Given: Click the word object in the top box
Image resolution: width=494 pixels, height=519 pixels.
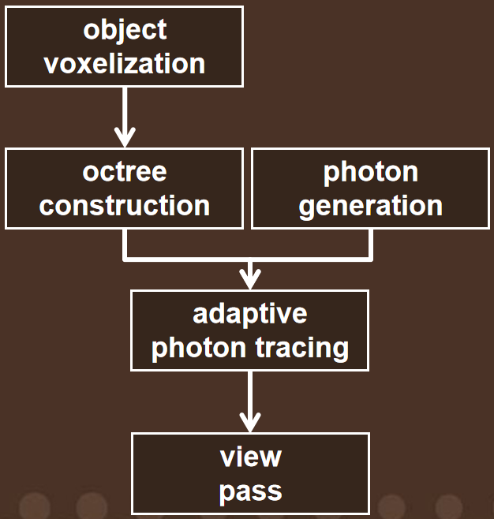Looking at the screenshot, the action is tap(125, 31).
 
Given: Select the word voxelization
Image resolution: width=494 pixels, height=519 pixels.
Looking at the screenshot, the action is tap(125, 64).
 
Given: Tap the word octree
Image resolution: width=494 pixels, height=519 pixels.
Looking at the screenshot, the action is tap(125, 172).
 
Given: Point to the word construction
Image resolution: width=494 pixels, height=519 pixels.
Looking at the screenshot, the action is tap(125, 206).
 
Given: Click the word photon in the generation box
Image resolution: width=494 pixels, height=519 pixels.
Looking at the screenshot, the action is tap(371, 174).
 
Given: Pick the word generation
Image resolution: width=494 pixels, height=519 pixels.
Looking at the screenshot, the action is tap(371, 207).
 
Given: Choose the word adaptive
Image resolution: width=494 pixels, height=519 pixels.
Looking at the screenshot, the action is tap(250, 315).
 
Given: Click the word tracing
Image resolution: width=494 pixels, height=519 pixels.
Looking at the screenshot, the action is tap(302, 349).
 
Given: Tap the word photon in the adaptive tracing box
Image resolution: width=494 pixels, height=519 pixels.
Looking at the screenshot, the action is tap(199, 349).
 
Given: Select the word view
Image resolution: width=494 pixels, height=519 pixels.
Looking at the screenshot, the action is tap(251, 457).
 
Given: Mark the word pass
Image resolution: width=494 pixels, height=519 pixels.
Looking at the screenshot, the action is tap(251, 492).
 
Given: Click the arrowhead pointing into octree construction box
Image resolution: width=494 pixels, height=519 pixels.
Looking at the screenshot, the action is tap(125, 137).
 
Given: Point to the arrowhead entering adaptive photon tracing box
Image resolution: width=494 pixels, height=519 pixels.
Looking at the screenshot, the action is tap(250, 279).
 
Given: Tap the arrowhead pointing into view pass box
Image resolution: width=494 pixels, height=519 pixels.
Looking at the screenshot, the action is tap(250, 422).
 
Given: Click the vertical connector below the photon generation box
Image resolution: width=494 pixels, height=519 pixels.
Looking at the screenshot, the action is tap(371, 243).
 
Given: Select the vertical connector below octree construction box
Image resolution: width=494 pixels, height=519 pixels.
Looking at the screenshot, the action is tap(125, 243).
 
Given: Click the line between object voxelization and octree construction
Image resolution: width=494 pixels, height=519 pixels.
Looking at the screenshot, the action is tap(125, 117).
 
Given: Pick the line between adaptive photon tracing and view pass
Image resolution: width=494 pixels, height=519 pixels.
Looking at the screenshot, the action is tap(250, 401).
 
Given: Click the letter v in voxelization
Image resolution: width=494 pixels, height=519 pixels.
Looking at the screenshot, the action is tap(52, 65).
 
